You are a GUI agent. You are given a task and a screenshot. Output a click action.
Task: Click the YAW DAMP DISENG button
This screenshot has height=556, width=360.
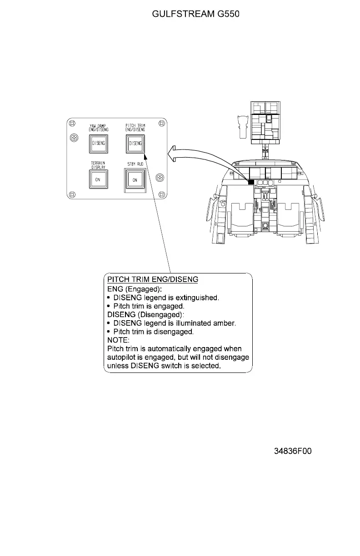[98, 144]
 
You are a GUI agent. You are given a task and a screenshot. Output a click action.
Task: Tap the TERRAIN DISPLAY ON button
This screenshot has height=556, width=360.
[98, 179]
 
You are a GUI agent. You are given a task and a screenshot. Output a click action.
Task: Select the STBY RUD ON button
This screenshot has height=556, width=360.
[135, 180]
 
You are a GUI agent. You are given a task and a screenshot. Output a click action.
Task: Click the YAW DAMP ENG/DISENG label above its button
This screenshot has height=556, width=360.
[98, 128]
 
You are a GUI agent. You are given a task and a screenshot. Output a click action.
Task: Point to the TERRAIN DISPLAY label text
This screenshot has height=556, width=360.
[98, 164]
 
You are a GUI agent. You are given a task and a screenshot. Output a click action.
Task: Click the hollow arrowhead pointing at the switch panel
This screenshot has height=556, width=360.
[173, 155]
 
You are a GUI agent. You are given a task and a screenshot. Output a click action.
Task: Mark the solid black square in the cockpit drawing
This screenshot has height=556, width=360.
[250, 182]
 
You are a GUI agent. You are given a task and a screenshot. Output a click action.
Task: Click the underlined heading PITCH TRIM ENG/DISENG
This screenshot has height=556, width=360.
[153, 279]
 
